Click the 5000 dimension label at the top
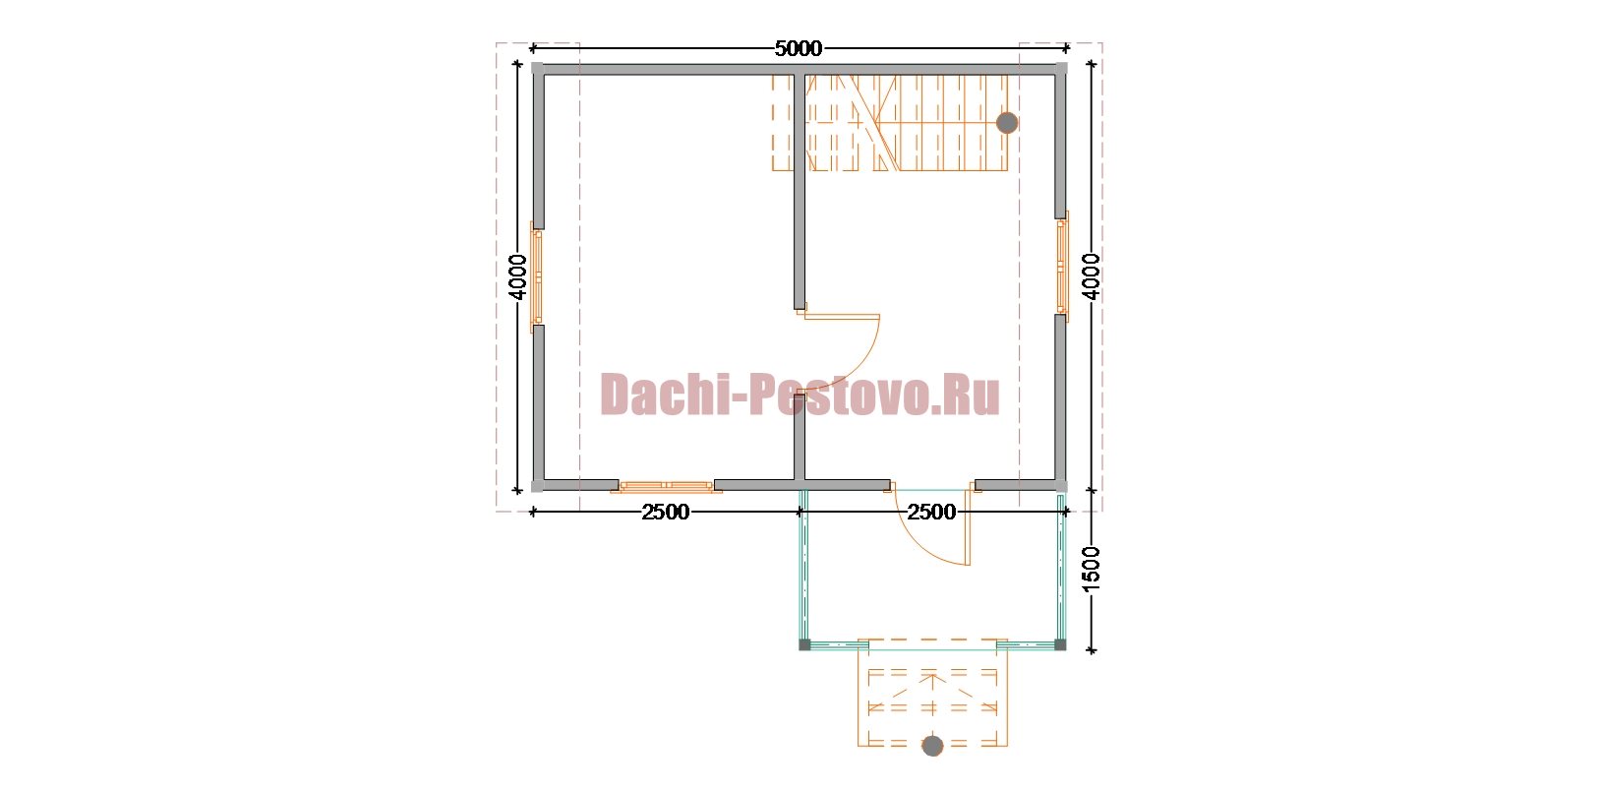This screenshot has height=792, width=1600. pos(798,48)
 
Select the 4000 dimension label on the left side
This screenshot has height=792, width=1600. pos(517,276)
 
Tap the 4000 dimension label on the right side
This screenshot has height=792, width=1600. pos(1091,276)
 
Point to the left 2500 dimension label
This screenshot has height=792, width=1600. pos(665,512)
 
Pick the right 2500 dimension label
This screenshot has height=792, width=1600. pos(931,512)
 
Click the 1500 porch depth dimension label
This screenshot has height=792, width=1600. pos(1091,570)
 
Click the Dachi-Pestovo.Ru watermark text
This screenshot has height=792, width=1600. pos(800,395)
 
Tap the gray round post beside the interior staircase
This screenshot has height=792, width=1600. pos(1007,123)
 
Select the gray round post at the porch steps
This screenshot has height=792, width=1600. pos(932,746)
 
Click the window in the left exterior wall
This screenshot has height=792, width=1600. pos(536,277)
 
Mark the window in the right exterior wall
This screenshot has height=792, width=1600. pos(1063,266)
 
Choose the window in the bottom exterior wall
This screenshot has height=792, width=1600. pos(666,487)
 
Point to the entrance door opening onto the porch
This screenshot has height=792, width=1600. pos(929,524)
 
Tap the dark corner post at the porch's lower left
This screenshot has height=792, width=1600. pos(804,644)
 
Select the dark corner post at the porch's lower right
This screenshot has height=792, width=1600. pos(1061,644)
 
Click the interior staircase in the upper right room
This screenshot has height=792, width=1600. pos(890,123)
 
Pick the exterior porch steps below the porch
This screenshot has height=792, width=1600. pos(932,694)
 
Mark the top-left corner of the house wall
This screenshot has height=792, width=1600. pos(537,69)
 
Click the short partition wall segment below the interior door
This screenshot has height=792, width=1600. pos(800,436)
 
